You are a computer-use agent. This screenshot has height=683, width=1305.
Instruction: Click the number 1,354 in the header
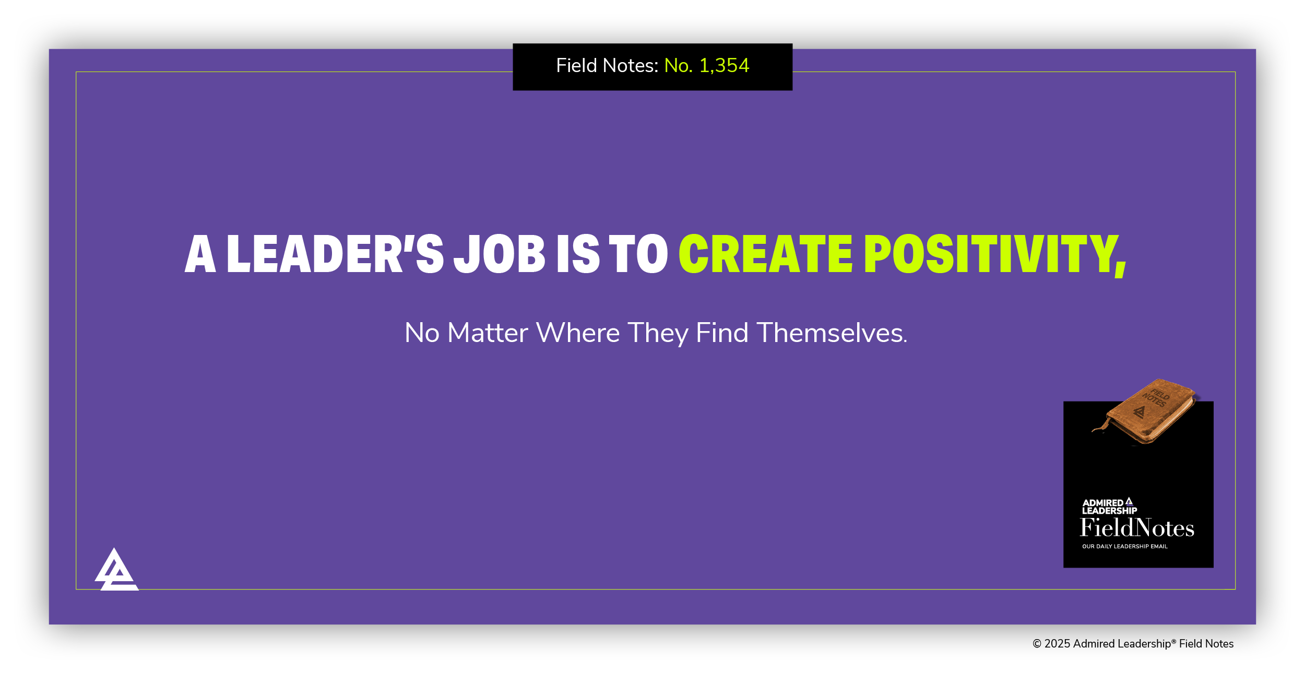(x=724, y=66)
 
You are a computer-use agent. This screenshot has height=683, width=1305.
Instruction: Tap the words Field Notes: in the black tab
(x=607, y=66)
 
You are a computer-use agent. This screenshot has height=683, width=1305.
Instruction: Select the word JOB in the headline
(x=500, y=254)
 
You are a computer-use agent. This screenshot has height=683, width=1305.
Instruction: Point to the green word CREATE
(x=765, y=254)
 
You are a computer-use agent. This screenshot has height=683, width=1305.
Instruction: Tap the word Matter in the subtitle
(x=488, y=333)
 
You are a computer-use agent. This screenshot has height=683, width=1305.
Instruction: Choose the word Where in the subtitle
(x=578, y=333)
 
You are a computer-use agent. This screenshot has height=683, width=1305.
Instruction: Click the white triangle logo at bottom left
(x=116, y=570)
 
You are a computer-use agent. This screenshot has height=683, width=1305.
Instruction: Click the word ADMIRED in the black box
(x=1102, y=503)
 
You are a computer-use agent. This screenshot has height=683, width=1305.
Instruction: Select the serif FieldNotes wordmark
(x=1137, y=528)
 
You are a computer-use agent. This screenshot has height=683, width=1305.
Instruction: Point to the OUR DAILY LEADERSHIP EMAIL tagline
(x=1124, y=547)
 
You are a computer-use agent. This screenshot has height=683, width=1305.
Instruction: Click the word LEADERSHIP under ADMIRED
(x=1109, y=511)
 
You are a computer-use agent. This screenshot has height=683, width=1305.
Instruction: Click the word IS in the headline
(x=578, y=254)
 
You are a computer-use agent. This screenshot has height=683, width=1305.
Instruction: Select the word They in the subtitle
(x=658, y=333)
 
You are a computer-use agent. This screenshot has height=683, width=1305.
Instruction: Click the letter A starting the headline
(x=200, y=254)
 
